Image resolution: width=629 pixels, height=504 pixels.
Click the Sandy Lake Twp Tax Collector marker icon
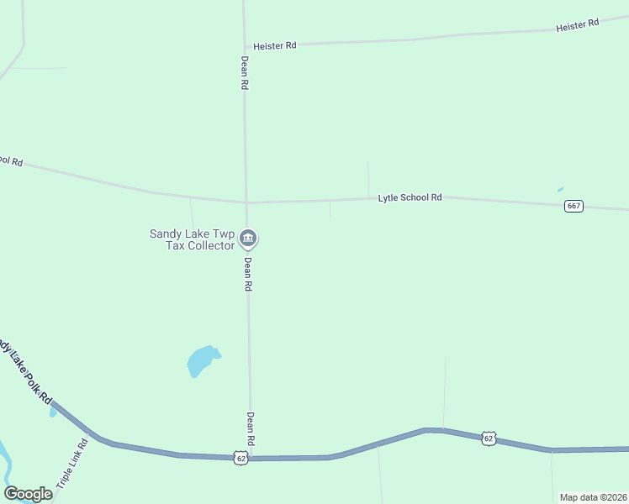[x=248, y=239]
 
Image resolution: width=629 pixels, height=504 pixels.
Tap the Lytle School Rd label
[x=410, y=197]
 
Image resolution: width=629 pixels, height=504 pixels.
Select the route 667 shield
[x=573, y=207]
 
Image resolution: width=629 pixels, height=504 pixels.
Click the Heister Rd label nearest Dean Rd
[x=275, y=45]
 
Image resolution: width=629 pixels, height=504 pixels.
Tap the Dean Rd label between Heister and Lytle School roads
[x=244, y=73]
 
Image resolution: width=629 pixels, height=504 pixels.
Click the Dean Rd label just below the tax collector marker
[x=248, y=274]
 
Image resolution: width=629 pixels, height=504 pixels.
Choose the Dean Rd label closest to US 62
[x=250, y=428]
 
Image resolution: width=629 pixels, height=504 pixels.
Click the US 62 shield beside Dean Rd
[x=241, y=458]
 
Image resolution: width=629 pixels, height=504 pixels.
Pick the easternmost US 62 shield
[x=489, y=438]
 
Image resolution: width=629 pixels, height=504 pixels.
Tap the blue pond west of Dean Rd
[x=202, y=360]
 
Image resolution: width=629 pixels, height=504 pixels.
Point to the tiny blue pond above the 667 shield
[x=560, y=189]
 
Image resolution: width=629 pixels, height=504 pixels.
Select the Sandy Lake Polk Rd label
[x=25, y=370]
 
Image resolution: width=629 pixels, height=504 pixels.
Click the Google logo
[x=29, y=494]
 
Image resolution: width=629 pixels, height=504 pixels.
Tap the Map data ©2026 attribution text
[x=593, y=497]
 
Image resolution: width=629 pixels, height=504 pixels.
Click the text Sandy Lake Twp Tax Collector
[x=192, y=239]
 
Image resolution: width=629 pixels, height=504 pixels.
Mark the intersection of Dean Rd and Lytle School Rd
[x=246, y=202]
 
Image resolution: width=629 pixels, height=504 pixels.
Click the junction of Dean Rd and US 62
[x=250, y=458]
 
